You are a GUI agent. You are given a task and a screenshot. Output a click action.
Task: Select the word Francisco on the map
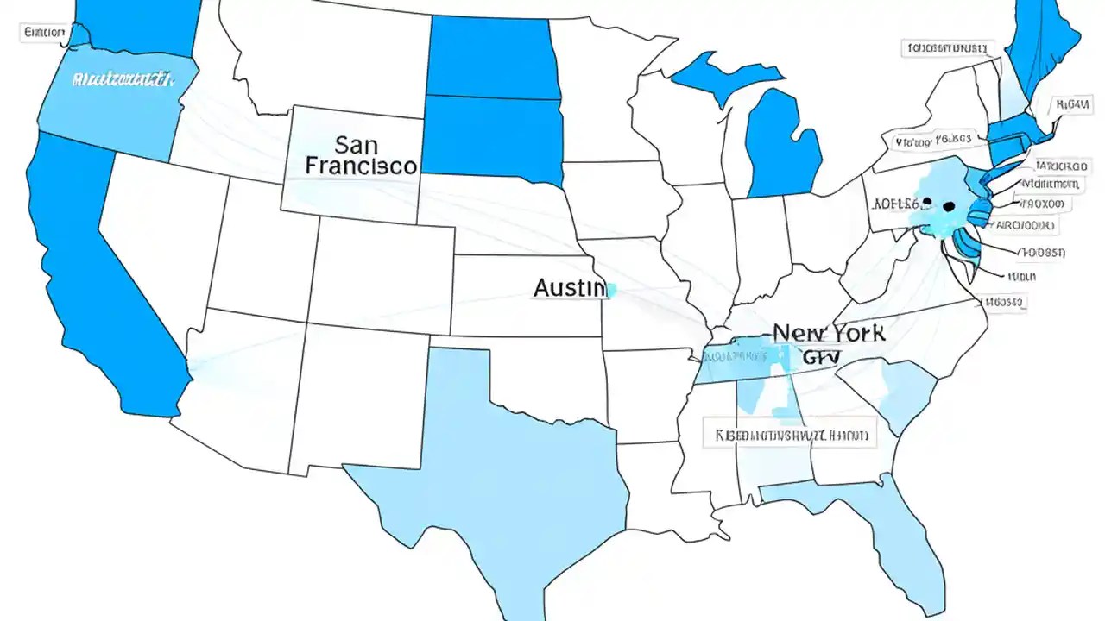(361, 166)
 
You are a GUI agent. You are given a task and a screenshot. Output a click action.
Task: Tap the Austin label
(570, 288)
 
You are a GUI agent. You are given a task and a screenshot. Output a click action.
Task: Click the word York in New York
(852, 333)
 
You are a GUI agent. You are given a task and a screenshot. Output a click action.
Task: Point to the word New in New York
(795, 333)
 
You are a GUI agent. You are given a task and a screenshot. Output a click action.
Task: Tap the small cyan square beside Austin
(611, 291)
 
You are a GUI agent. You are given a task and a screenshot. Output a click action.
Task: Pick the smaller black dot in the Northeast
(927, 203)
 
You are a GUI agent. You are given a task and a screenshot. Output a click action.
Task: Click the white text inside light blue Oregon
(121, 81)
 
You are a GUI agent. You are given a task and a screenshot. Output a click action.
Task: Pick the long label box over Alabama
(789, 435)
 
